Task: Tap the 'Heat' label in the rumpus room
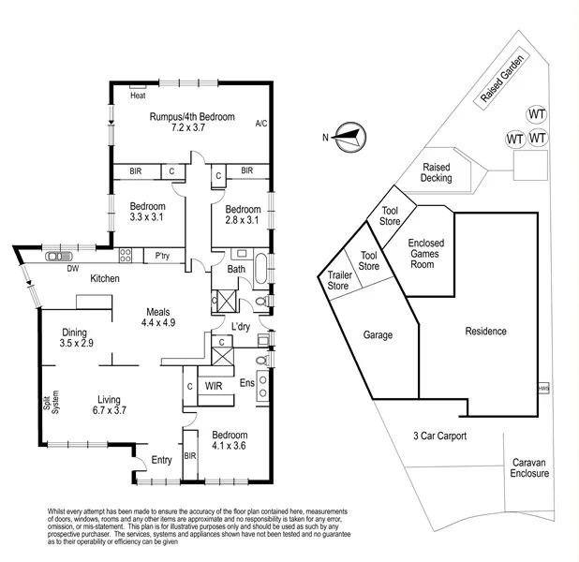tap(138, 96)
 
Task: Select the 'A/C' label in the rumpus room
tap(260, 123)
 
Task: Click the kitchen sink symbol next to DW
tap(60, 256)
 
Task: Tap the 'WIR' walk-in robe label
tap(214, 385)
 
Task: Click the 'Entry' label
tap(162, 459)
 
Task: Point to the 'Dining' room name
tap(75, 333)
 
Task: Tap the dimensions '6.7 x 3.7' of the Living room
tap(109, 410)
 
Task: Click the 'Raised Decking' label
tap(438, 171)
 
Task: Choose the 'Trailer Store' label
tap(337, 280)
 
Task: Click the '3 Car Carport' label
tap(439, 436)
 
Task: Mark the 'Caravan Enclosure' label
tap(530, 468)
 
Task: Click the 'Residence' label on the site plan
tap(485, 331)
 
